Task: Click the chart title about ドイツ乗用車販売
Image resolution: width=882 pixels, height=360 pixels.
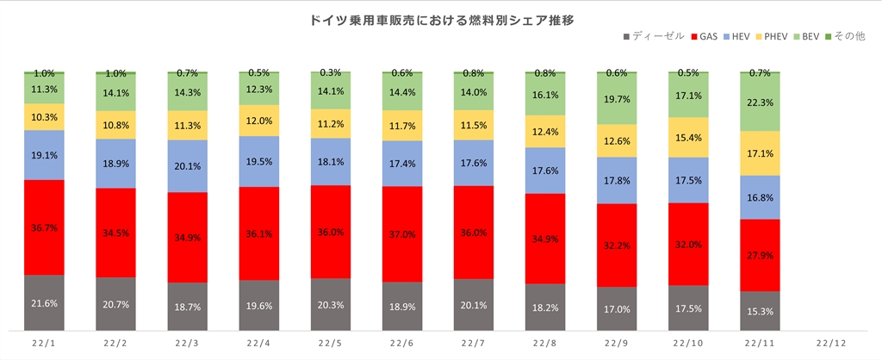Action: (x=441, y=18)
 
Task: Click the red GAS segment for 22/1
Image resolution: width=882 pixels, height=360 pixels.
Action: (x=44, y=227)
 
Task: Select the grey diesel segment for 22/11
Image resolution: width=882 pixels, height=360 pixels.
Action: (x=761, y=310)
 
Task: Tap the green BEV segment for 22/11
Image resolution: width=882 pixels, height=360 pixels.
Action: (x=761, y=102)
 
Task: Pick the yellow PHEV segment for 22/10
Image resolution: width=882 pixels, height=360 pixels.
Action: (x=689, y=137)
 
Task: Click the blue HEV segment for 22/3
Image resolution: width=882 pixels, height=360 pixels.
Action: (x=187, y=165)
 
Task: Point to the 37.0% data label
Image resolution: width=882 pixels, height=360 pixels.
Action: (x=402, y=233)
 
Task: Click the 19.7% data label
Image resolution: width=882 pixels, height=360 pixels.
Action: (x=618, y=99)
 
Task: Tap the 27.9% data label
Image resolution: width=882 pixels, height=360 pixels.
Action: (x=761, y=255)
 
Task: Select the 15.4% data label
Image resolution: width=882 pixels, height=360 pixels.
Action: (x=689, y=138)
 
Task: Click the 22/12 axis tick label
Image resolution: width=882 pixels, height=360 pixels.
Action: (x=832, y=343)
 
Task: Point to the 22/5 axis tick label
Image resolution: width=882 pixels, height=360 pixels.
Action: (x=331, y=343)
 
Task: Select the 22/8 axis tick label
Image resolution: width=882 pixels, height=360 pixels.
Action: (x=546, y=343)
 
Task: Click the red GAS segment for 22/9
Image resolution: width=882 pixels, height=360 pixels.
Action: (x=618, y=245)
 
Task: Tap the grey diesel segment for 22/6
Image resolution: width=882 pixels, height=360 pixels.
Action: (x=402, y=306)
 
